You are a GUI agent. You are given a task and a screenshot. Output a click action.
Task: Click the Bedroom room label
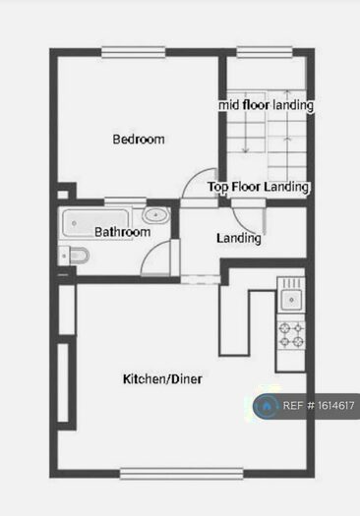click(138, 140)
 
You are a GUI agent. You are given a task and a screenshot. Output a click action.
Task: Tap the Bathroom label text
click(122, 232)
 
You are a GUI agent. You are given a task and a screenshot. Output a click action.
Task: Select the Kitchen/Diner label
click(162, 378)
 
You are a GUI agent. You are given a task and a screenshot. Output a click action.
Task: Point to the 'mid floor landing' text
click(266, 105)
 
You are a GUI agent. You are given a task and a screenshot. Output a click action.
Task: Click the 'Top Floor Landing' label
click(259, 187)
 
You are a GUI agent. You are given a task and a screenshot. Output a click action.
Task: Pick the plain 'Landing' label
click(239, 238)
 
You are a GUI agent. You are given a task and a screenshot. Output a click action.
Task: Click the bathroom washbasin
click(154, 215)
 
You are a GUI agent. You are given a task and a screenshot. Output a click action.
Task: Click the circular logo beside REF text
click(266, 405)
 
